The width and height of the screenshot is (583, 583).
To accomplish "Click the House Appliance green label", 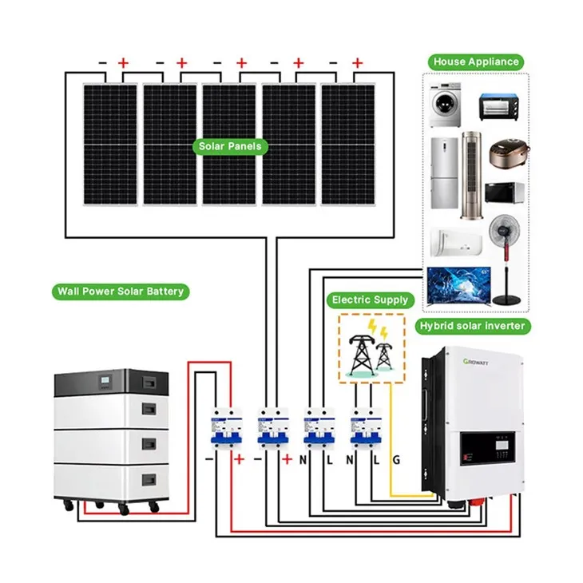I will [475, 61].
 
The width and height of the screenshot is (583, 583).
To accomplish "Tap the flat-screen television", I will [456, 284].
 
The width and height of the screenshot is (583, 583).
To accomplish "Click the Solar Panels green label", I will [231, 147].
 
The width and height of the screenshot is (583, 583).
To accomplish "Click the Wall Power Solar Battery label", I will [120, 291].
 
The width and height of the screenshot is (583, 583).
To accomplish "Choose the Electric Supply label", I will [370, 300].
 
